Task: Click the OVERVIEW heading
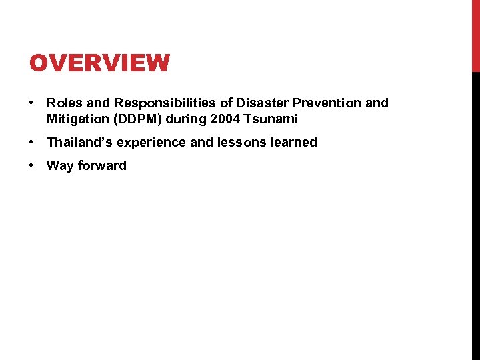[x=99, y=63]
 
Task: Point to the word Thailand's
[x=80, y=142]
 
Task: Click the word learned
[x=293, y=142]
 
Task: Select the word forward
[x=102, y=165]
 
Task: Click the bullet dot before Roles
[x=31, y=103]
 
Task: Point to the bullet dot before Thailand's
[x=31, y=143]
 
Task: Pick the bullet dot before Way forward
[x=31, y=166]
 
